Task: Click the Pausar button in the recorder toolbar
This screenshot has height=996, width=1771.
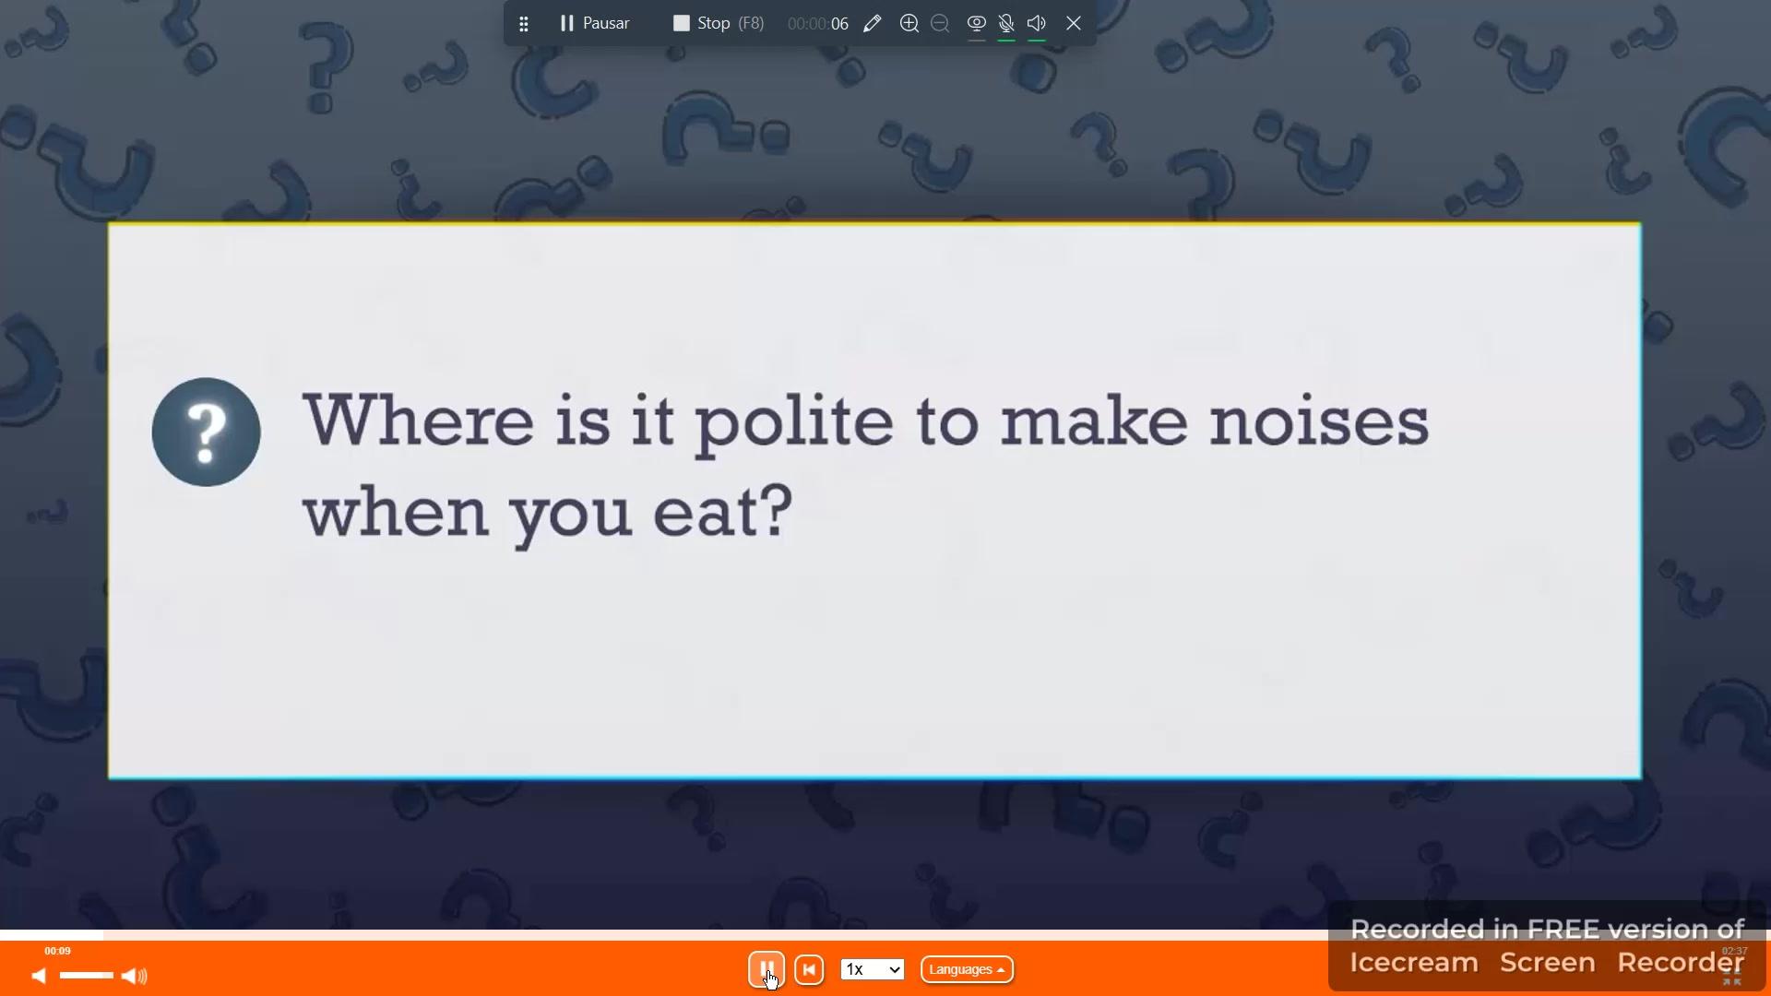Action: click(x=594, y=23)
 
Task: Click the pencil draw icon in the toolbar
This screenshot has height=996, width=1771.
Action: click(x=872, y=23)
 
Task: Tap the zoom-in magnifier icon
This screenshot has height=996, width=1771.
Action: click(x=909, y=23)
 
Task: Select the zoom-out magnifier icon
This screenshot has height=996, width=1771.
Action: click(x=940, y=23)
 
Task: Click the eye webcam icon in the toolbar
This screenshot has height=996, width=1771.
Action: click(x=976, y=23)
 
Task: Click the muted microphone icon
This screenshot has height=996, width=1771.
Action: click(x=1006, y=23)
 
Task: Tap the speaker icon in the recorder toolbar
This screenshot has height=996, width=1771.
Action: click(x=1037, y=23)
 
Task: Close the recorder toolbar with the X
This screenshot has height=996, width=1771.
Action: click(x=1074, y=23)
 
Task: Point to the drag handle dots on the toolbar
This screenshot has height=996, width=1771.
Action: click(x=523, y=24)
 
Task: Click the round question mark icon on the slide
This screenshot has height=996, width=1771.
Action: click(x=206, y=432)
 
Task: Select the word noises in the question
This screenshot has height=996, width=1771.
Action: click(x=1319, y=421)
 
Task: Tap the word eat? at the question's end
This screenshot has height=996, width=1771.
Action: click(x=723, y=511)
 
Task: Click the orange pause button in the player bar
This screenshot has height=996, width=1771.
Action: click(x=766, y=969)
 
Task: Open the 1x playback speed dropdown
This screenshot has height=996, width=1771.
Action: click(x=872, y=969)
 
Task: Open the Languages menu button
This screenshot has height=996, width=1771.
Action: click(x=967, y=969)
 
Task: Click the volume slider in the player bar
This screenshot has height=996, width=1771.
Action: click(x=86, y=976)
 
